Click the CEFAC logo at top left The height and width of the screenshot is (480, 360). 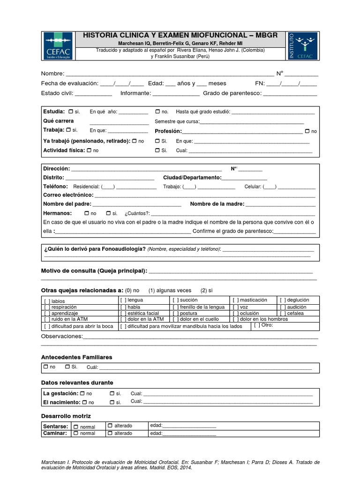coord(58,46)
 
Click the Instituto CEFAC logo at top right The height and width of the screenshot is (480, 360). coord(303,46)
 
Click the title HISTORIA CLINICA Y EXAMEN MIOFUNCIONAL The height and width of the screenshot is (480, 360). coord(180,36)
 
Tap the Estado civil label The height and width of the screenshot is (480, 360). coord(57,93)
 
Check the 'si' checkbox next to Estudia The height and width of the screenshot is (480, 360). coord(70,112)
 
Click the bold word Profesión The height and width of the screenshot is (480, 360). coord(168,131)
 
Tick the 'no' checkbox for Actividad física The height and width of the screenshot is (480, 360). coord(90,150)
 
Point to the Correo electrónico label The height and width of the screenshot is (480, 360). coord(68,195)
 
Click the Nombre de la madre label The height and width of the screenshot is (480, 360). coord(217,204)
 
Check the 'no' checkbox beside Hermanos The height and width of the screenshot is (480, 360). coord(87,213)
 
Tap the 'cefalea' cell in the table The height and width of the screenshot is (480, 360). coord(294,313)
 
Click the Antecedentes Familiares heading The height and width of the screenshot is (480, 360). coord(76,357)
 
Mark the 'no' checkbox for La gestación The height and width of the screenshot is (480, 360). coord(82,393)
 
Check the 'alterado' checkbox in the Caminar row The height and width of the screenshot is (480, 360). coord(110,433)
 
